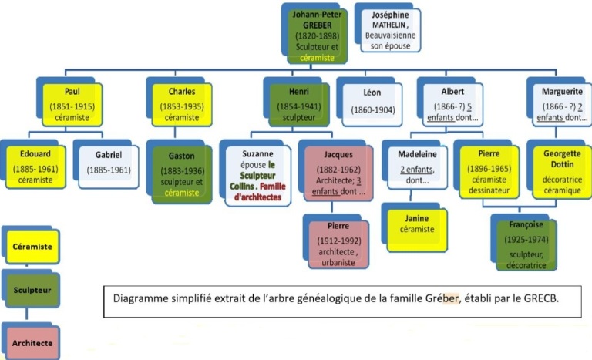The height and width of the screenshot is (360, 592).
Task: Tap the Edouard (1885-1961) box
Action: [32, 166]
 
